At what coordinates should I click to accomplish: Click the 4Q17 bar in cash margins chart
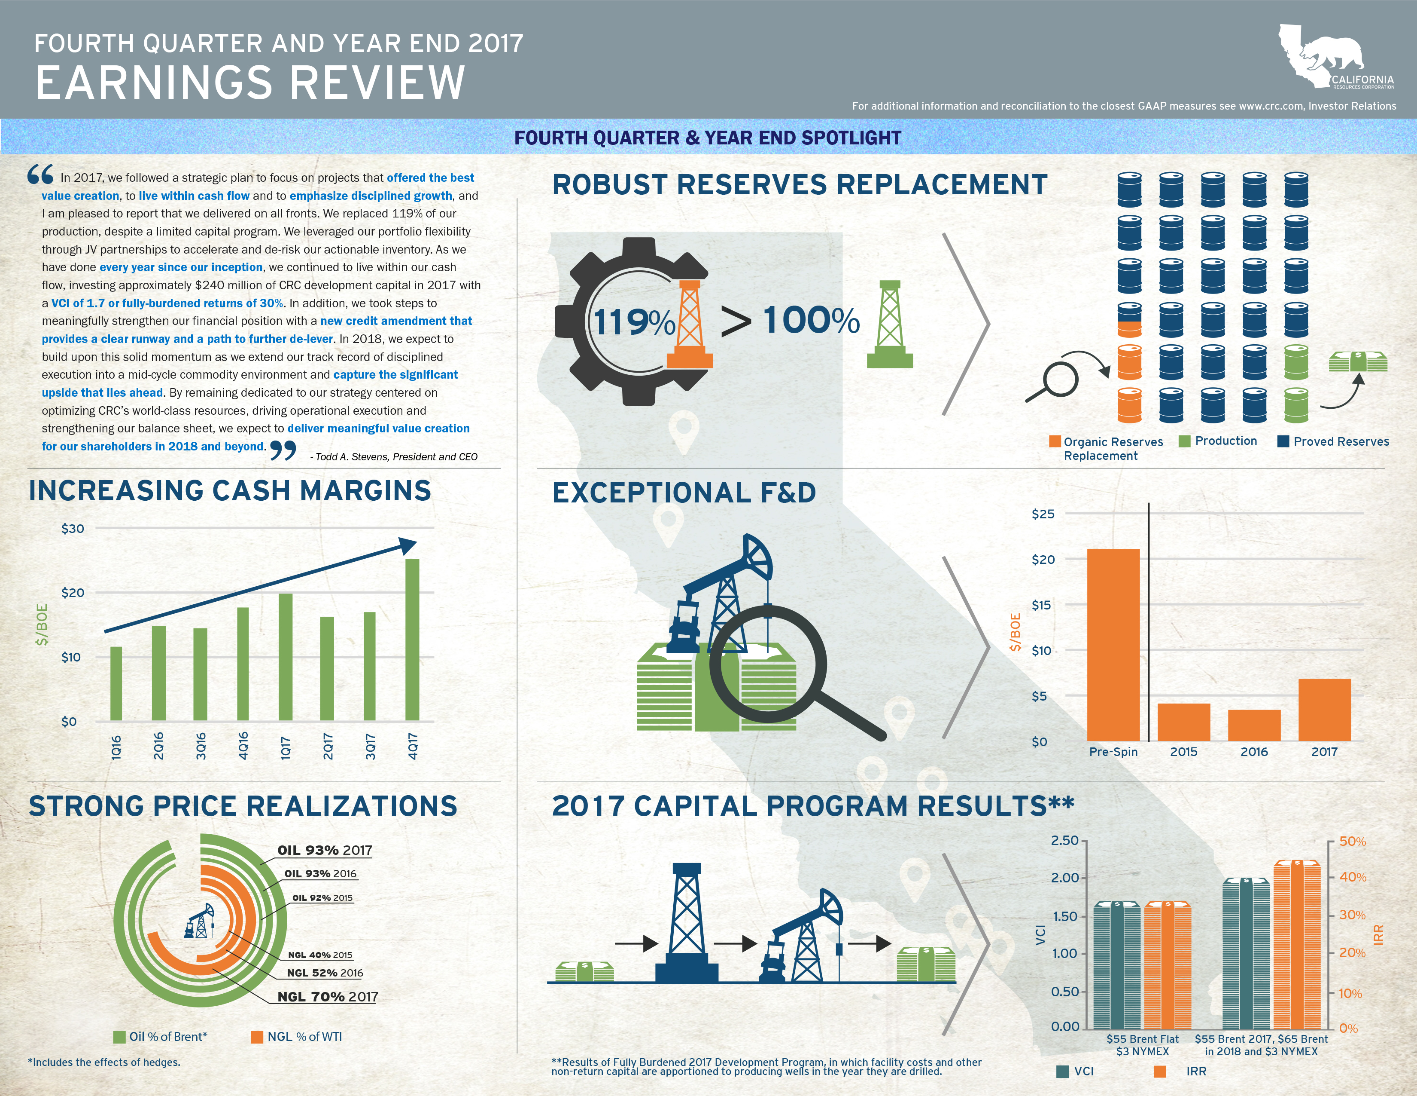[x=412, y=640]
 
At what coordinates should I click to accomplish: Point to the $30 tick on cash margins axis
[x=73, y=529]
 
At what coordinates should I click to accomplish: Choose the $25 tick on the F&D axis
[x=1043, y=514]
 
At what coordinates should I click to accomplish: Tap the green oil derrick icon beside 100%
[x=890, y=324]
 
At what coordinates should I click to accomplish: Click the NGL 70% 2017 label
[x=327, y=997]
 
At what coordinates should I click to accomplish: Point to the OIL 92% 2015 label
[x=322, y=898]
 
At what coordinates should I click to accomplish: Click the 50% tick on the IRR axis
[x=1352, y=842]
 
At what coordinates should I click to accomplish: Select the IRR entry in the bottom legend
[x=1196, y=1072]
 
